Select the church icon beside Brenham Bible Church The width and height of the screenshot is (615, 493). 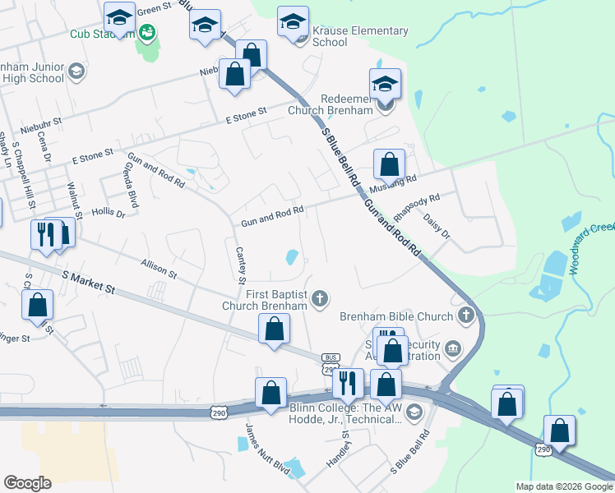[466, 316]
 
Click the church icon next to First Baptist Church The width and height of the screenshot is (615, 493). [321, 298]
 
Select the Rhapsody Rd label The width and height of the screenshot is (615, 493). [417, 206]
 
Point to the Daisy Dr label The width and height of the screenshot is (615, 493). [437, 227]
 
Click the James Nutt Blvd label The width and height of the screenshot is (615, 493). [267, 449]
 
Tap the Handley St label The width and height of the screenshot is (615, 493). [339, 448]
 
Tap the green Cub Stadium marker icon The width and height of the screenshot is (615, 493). [147, 33]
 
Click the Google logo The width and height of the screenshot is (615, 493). [27, 483]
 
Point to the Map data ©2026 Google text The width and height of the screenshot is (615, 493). [563, 486]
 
